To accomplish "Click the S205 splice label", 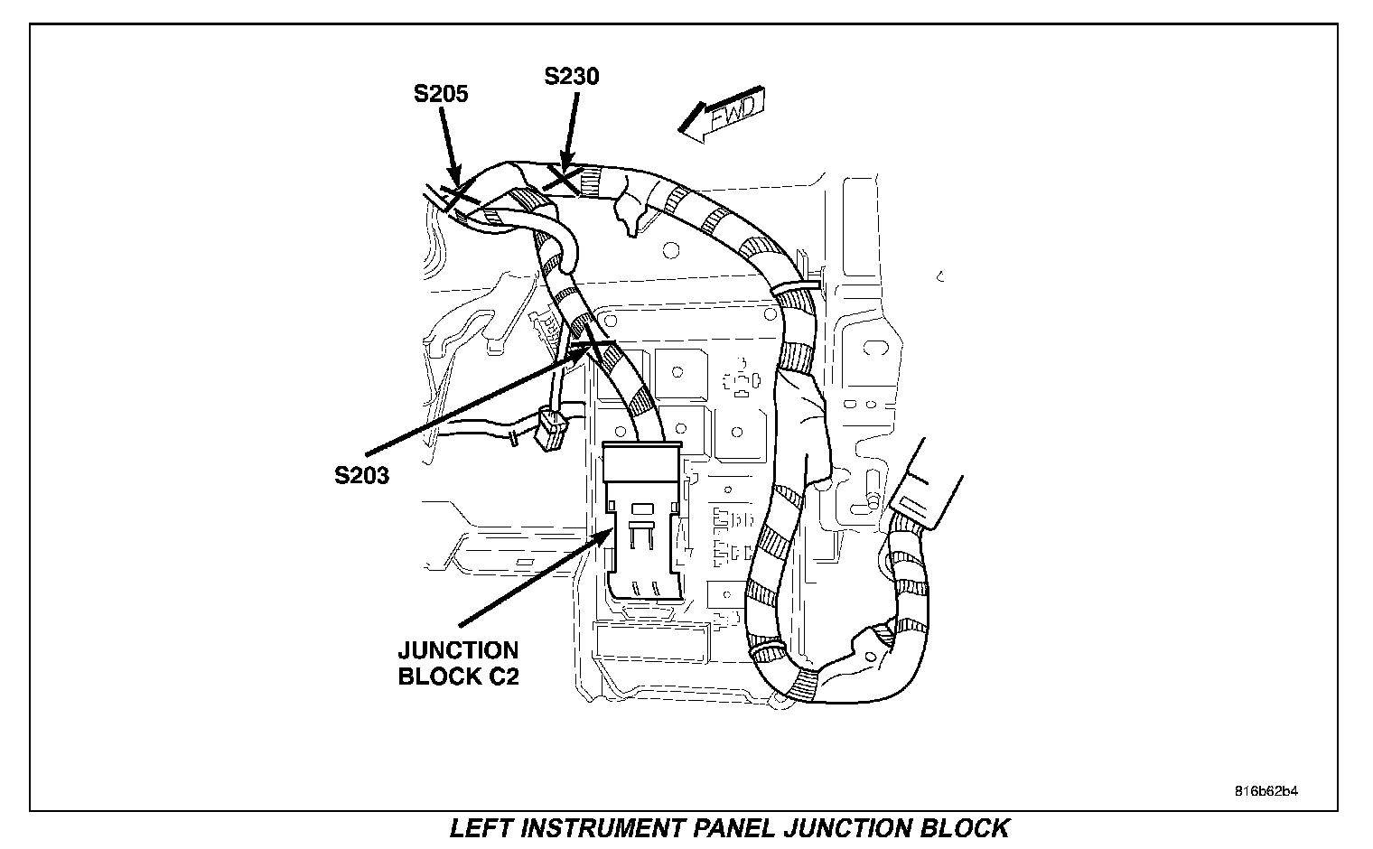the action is pos(441,94).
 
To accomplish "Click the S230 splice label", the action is pos(571,76).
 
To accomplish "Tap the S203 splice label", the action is pos(361,475).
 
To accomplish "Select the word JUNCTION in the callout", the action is pos(458,650).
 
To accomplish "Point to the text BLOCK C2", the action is pos(459,676).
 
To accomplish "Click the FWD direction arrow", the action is pos(722,115).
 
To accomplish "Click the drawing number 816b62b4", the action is pos(1266,791).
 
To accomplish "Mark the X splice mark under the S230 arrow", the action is pos(562,179).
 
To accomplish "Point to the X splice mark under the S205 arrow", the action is pos(459,194).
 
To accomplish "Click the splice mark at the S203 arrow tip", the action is pos(593,343).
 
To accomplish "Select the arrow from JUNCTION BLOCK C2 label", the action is pos(536,577).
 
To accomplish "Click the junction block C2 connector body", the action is pos(641,520).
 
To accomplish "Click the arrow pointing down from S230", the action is pos(571,132).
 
